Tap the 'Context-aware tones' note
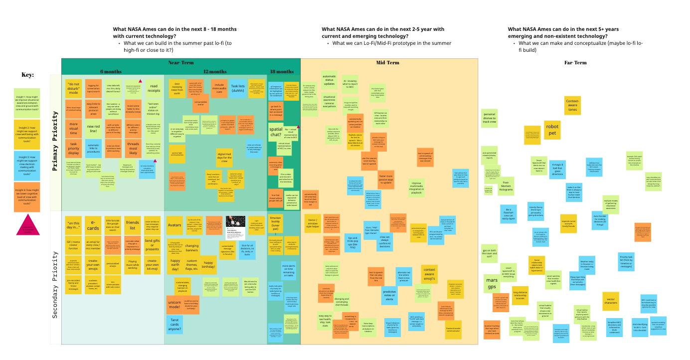click(572, 105)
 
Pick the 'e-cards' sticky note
click(93, 224)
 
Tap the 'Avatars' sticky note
click(174, 224)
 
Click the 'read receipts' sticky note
click(153, 89)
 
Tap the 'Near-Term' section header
click(180, 63)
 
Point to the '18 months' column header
click(282, 71)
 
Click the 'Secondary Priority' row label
click(55, 278)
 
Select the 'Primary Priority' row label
click(55, 142)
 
